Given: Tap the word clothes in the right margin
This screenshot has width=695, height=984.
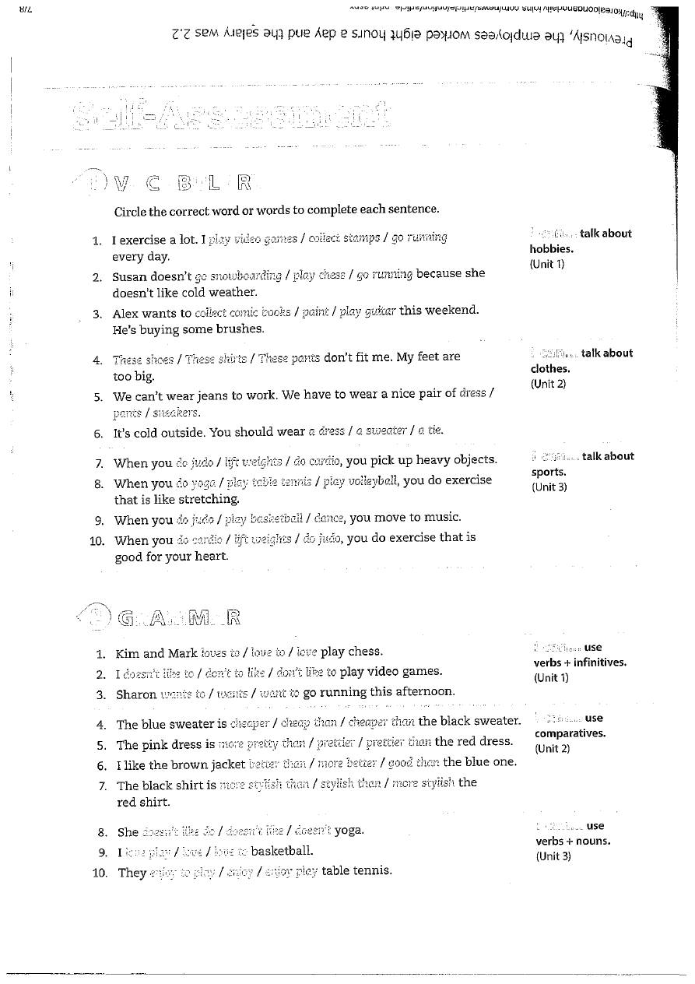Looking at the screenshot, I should coord(550,369).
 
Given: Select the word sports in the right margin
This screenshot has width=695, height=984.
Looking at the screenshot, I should coord(549,472).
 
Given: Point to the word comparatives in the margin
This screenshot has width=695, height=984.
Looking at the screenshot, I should coord(570,733).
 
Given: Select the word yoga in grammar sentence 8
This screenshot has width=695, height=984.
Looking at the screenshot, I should coord(349,831).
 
